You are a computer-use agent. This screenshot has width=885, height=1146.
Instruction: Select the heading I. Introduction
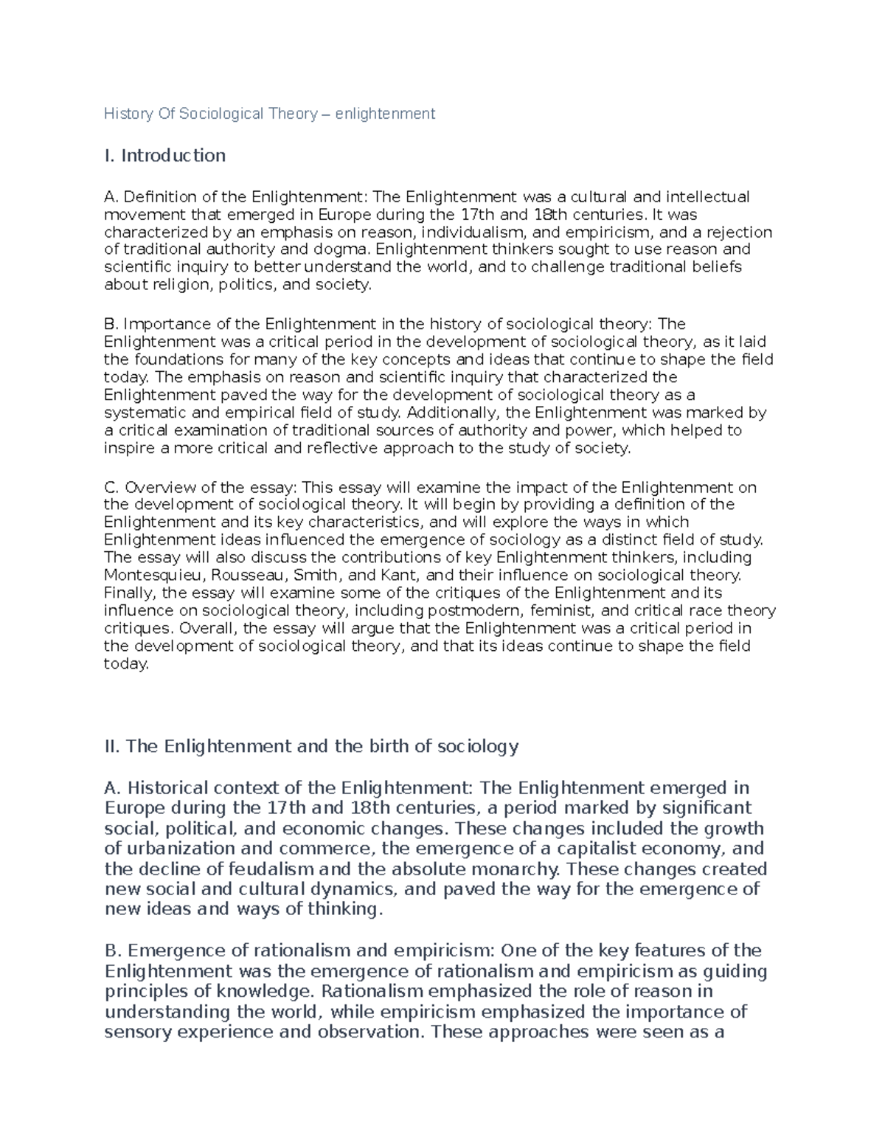tap(164, 156)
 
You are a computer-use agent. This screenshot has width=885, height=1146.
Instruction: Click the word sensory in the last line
tap(139, 1032)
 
